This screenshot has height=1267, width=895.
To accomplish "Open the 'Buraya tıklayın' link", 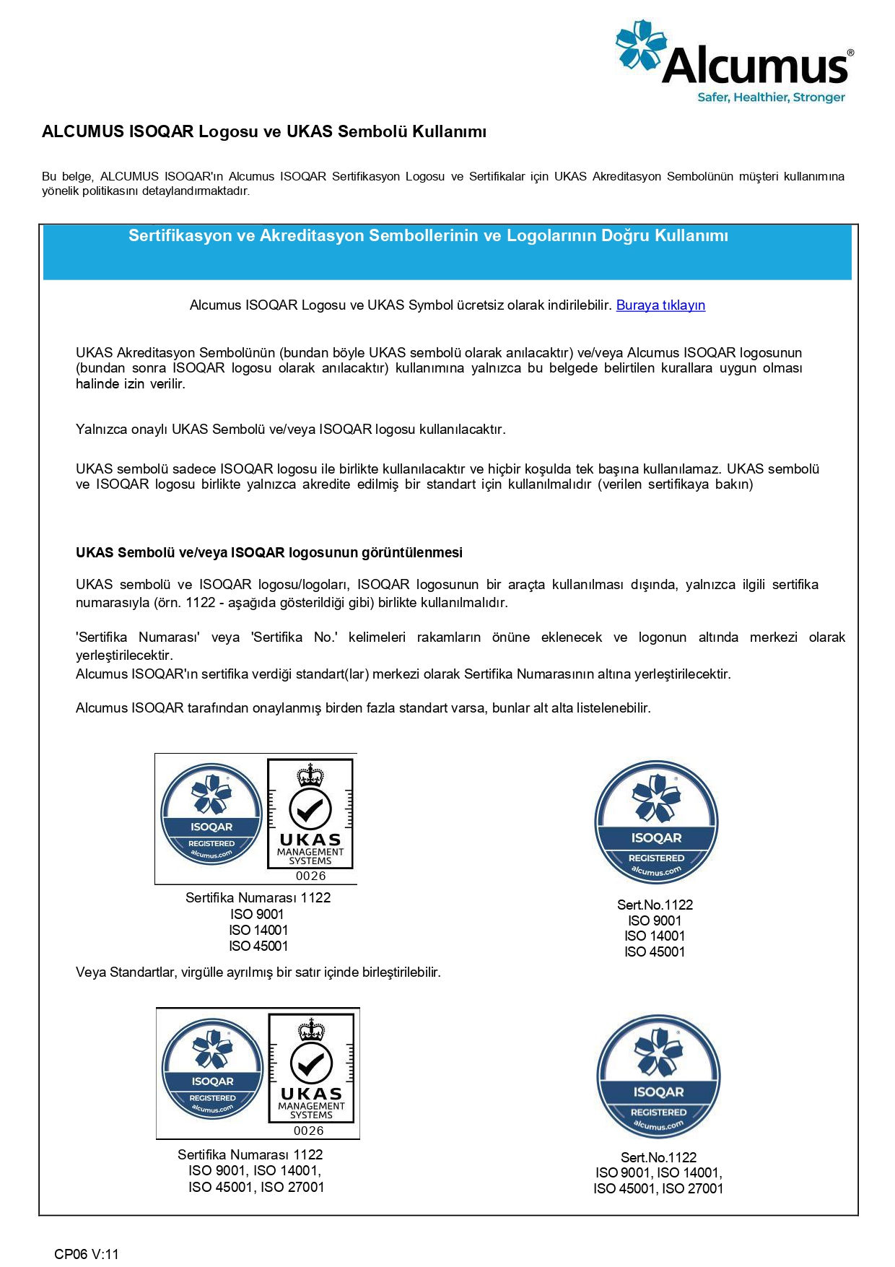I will coord(660,305).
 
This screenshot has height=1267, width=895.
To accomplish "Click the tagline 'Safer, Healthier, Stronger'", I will coord(770,97).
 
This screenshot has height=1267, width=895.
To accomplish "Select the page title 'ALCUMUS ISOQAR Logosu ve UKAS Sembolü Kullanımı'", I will coord(264,131).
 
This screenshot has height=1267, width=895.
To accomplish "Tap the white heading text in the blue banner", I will coord(428,236).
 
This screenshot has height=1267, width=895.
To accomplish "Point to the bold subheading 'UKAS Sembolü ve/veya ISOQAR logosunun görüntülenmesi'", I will coord(269,553).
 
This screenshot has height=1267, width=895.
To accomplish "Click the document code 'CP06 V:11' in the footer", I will coord(87,1254).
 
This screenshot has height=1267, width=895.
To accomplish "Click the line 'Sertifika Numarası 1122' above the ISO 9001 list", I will coord(258,898).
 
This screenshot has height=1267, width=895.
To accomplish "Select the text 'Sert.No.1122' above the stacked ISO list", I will coord(655,905).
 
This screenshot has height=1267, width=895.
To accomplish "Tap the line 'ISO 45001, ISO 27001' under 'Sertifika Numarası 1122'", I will coord(256,1187).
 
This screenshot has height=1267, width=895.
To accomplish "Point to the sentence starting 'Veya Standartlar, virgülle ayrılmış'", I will coord(258,972).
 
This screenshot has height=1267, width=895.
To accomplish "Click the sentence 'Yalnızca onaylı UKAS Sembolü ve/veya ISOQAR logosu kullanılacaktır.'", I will coord(290,430).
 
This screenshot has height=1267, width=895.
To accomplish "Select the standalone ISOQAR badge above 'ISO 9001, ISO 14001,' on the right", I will coord(658,1076).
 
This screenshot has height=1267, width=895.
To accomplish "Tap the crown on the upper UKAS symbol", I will coord(310,775).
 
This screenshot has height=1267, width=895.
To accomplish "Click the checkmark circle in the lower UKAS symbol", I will coord(311,1063).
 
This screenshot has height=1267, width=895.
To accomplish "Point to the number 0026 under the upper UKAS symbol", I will coord(310,876).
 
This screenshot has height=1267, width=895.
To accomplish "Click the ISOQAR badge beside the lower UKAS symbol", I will coord(212,1068).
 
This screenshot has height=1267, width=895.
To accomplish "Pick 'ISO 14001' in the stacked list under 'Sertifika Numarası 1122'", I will coord(258,930).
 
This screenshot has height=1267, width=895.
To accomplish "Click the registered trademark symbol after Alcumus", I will coord(850,53).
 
